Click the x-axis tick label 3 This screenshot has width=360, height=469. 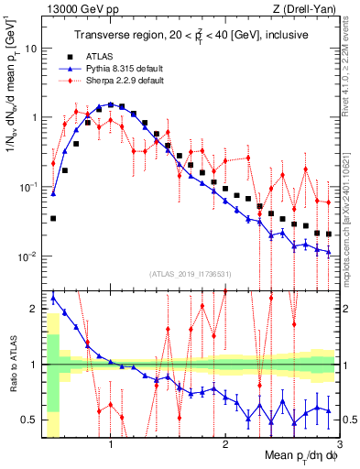pos(339,446)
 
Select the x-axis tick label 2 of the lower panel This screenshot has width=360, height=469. pos(225,446)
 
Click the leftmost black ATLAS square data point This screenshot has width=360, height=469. pos(53,219)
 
